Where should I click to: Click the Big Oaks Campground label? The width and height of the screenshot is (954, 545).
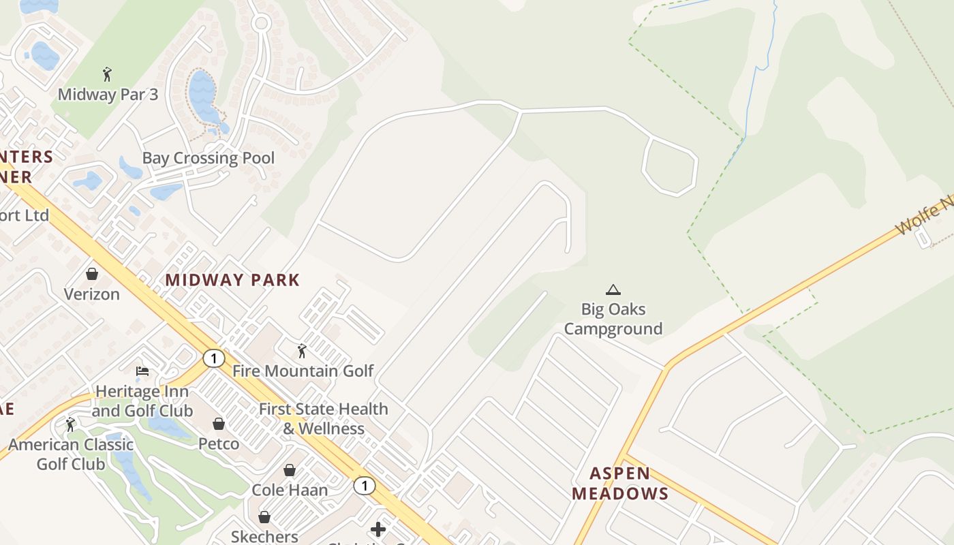[613, 319]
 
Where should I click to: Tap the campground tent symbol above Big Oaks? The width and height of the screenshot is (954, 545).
[613, 290]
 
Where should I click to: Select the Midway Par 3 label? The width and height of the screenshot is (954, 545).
[108, 94]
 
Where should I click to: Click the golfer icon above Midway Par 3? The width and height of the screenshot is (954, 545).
[106, 74]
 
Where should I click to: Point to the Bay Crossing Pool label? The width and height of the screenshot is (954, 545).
[209, 158]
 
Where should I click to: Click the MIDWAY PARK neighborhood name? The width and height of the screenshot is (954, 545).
[232, 280]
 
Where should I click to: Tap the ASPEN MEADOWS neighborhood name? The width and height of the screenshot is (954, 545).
[619, 484]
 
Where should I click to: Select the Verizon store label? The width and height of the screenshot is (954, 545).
[92, 294]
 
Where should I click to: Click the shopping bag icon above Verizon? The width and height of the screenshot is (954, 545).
[92, 274]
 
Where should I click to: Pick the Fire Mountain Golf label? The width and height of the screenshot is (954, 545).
[303, 371]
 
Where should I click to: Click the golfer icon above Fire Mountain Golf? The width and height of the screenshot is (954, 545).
[302, 351]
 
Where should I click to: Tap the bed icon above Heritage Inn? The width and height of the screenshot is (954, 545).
[142, 371]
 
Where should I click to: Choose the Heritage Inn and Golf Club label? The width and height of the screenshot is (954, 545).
[142, 401]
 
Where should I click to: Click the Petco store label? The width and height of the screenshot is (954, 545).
[219, 444]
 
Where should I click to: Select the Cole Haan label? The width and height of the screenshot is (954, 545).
[290, 490]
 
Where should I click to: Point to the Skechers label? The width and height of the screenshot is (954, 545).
[264, 536]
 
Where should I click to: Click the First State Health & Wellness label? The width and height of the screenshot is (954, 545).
[324, 419]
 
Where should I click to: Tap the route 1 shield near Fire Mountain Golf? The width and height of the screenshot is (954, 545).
[214, 358]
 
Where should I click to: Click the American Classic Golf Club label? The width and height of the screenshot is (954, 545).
[71, 454]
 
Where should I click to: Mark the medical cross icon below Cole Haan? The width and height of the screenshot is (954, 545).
[378, 529]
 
